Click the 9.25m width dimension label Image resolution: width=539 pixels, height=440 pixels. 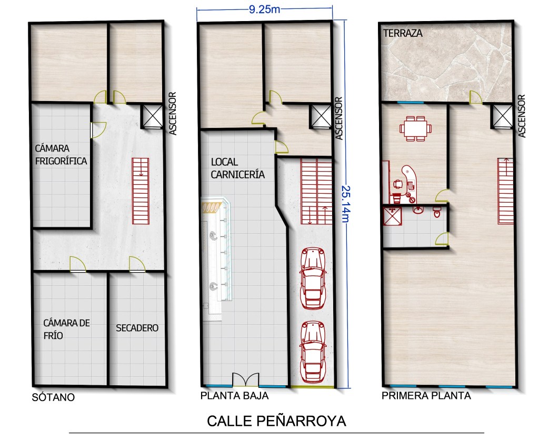[264, 9]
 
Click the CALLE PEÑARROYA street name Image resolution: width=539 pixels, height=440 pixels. [276, 421]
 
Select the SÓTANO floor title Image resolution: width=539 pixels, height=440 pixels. [53, 397]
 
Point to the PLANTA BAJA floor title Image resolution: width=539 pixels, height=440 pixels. [234, 396]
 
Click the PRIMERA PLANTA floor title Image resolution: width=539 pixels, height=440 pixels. [426, 396]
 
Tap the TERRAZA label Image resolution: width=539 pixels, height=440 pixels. [403, 33]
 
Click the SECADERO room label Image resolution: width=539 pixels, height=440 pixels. [137, 328]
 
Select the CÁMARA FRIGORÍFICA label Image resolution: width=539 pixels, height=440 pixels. [61, 155]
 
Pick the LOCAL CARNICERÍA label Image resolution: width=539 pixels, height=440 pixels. [237, 168]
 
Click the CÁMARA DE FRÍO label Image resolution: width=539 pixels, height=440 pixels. [66, 329]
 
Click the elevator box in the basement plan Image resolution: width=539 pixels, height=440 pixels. [152, 116]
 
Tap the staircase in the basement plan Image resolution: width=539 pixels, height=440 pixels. [141, 191]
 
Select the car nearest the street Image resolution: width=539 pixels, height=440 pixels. [313, 352]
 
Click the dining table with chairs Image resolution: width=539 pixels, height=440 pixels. [415, 128]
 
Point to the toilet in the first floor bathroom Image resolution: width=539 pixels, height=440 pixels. [437, 212]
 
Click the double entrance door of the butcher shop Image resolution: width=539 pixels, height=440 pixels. [245, 380]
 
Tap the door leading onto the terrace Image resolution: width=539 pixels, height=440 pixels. [476, 97]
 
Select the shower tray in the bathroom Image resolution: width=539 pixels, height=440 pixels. [392, 216]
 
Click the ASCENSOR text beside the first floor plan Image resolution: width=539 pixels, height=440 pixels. [522, 116]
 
